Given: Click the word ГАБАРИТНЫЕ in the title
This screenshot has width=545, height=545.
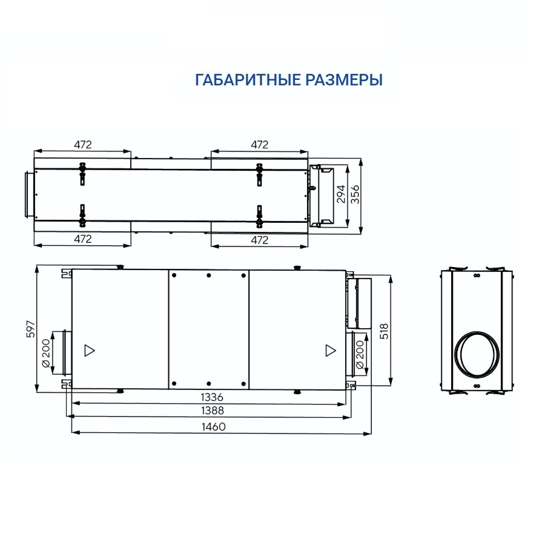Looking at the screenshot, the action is pyautogui.click(x=248, y=80).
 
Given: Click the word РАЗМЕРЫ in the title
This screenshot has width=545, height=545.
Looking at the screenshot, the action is pyautogui.click(x=344, y=80).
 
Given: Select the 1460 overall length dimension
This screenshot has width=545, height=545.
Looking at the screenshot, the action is pyautogui.click(x=214, y=426).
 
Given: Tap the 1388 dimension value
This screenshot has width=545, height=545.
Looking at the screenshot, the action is pyautogui.click(x=213, y=411).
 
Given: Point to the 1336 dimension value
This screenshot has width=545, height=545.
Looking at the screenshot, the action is pyautogui.click(x=212, y=397).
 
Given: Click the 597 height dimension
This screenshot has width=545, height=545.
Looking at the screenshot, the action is pyautogui.click(x=31, y=329).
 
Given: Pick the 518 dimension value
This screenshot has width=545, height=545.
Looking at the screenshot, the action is pyautogui.click(x=384, y=331).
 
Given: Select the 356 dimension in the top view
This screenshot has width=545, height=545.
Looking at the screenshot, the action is pyautogui.click(x=355, y=194).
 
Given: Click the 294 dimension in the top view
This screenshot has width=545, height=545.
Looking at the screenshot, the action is pyautogui.click(x=341, y=194).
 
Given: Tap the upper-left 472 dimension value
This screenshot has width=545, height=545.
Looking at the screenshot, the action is pyautogui.click(x=83, y=145).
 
